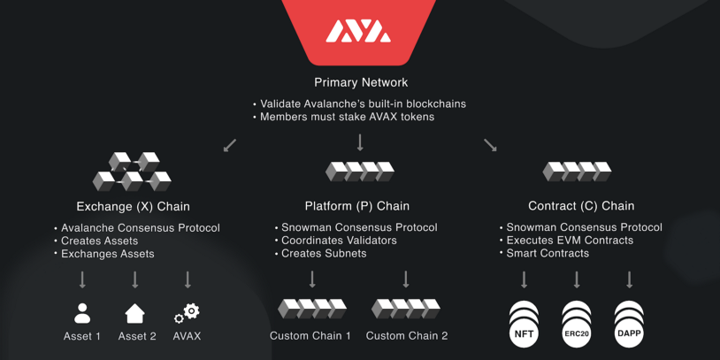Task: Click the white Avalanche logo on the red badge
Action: pyautogui.click(x=358, y=32)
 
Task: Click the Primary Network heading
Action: pyautogui.click(x=361, y=82)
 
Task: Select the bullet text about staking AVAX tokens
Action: pyautogui.click(x=347, y=117)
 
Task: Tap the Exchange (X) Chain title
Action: pyautogui.click(x=134, y=207)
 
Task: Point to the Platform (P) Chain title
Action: pyautogui.click(x=357, y=206)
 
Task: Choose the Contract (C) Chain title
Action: pyautogui.click(x=581, y=206)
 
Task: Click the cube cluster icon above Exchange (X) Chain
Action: pyautogui.click(x=133, y=172)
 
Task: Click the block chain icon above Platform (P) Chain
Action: pyautogui.click(x=360, y=171)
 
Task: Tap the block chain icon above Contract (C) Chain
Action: pyautogui.click(x=577, y=171)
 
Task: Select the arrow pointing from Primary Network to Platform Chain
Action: pyautogui.click(x=360, y=142)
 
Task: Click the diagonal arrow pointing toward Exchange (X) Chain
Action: pyautogui.click(x=230, y=145)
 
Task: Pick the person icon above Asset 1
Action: pyautogui.click(x=82, y=313)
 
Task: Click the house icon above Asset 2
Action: pyautogui.click(x=134, y=313)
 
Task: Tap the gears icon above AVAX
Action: pyautogui.click(x=187, y=313)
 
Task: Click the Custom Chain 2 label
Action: pyautogui.click(x=407, y=336)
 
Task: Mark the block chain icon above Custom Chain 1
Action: pyautogui.click(x=312, y=309)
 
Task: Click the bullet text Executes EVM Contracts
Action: pyautogui.click(x=570, y=241)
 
